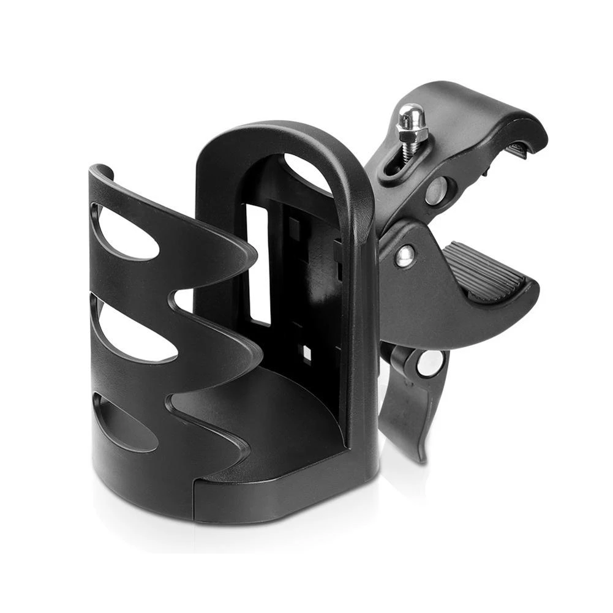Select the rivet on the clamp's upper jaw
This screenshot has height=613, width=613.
435,190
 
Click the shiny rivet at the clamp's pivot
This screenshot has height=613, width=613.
404,255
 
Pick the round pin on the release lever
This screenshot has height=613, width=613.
431,363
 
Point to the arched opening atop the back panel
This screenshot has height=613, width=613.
306,171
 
